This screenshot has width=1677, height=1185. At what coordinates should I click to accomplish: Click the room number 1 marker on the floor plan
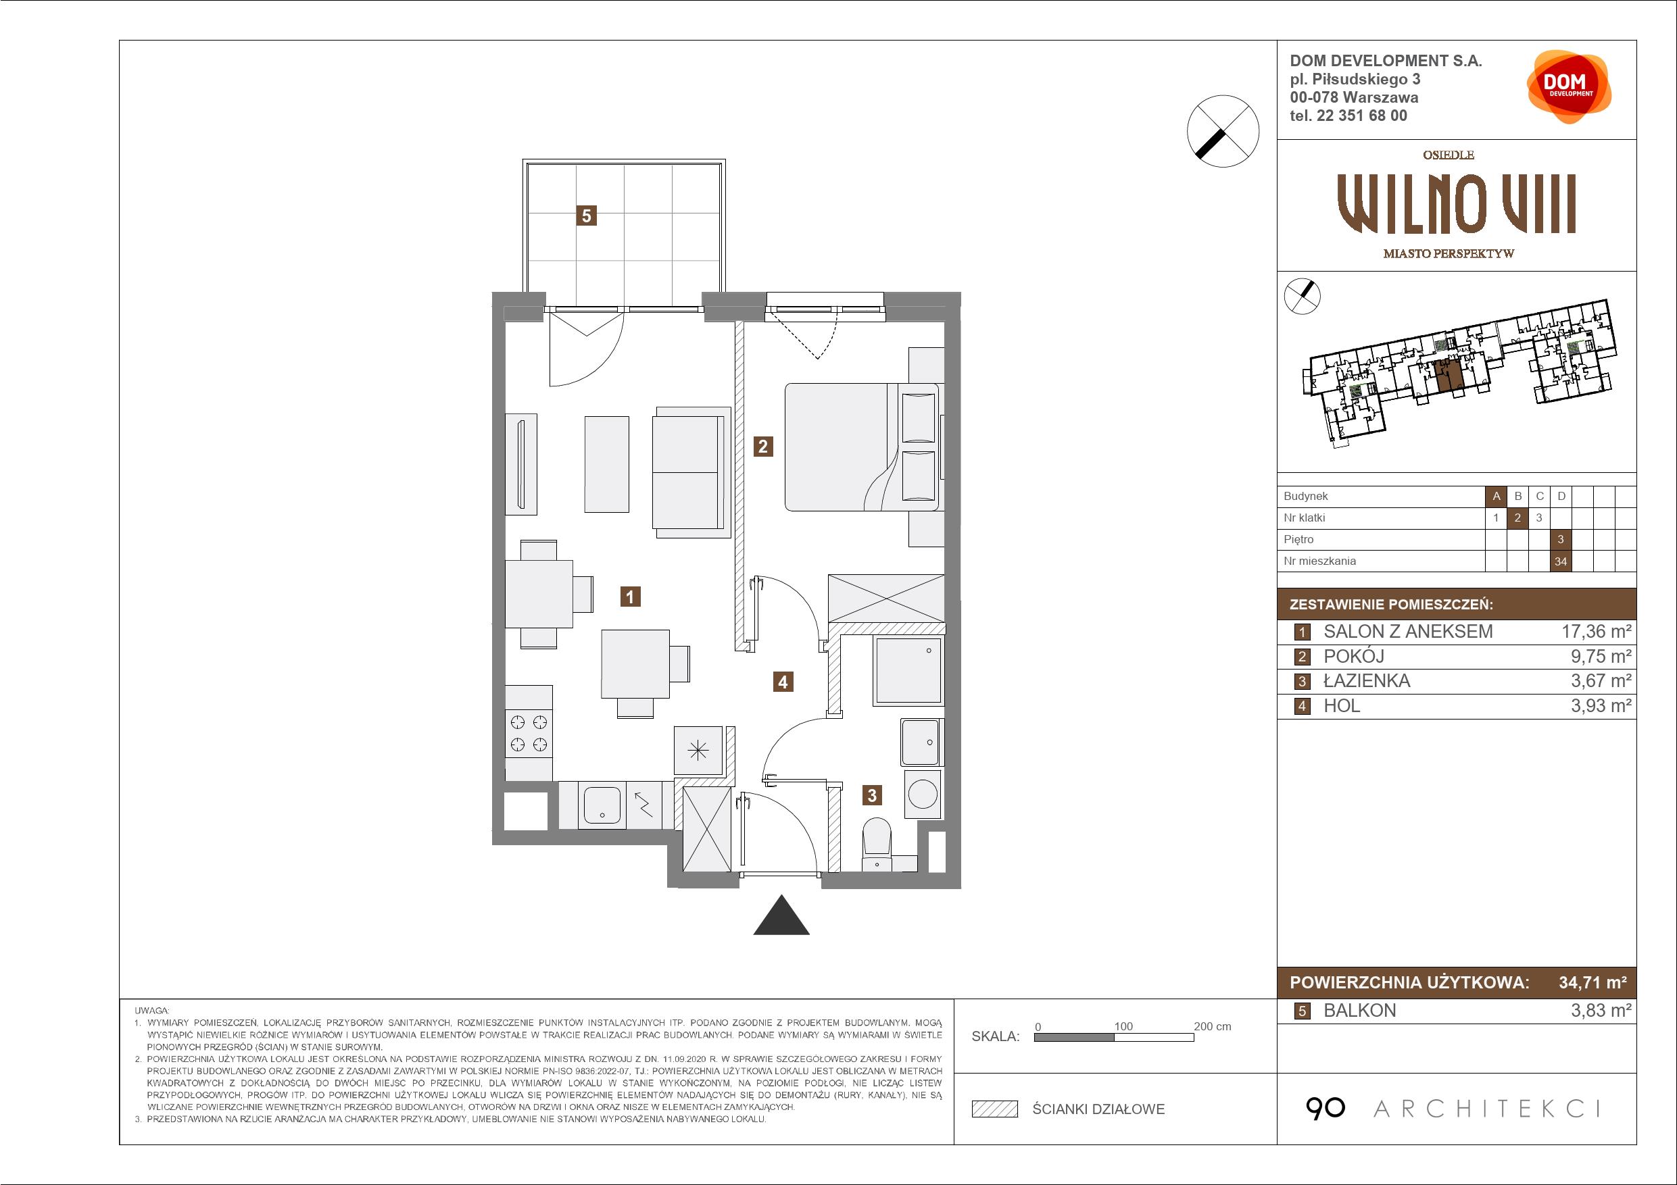click(629, 597)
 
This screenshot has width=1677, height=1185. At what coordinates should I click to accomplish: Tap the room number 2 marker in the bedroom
click(763, 446)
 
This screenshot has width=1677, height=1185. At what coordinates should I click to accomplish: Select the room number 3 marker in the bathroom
click(872, 795)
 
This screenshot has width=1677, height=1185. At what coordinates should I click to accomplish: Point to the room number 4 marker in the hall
click(783, 682)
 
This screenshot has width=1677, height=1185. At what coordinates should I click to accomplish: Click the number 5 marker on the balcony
click(586, 216)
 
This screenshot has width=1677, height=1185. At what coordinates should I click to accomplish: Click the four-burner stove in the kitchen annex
click(529, 733)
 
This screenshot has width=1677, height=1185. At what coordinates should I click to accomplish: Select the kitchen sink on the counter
click(602, 805)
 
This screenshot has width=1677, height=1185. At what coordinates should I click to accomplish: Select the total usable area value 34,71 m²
click(1593, 983)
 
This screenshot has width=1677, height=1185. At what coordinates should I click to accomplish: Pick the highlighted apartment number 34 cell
click(1561, 561)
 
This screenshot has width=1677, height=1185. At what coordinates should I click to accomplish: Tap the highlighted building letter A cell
click(1496, 497)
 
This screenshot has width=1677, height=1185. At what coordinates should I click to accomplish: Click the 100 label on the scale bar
click(1123, 1026)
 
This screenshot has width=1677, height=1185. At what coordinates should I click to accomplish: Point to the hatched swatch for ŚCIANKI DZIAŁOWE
click(995, 1109)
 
